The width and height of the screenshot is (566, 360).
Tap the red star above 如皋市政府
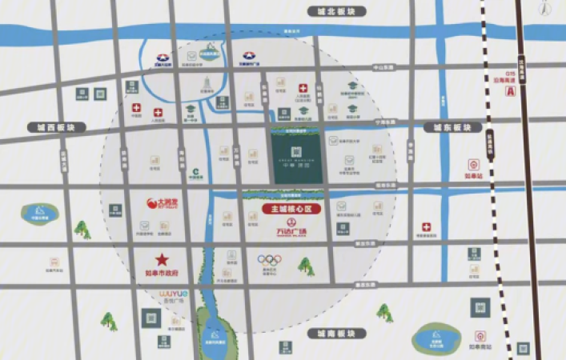click(163, 259)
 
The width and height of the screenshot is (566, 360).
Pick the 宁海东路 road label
click(386, 122)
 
